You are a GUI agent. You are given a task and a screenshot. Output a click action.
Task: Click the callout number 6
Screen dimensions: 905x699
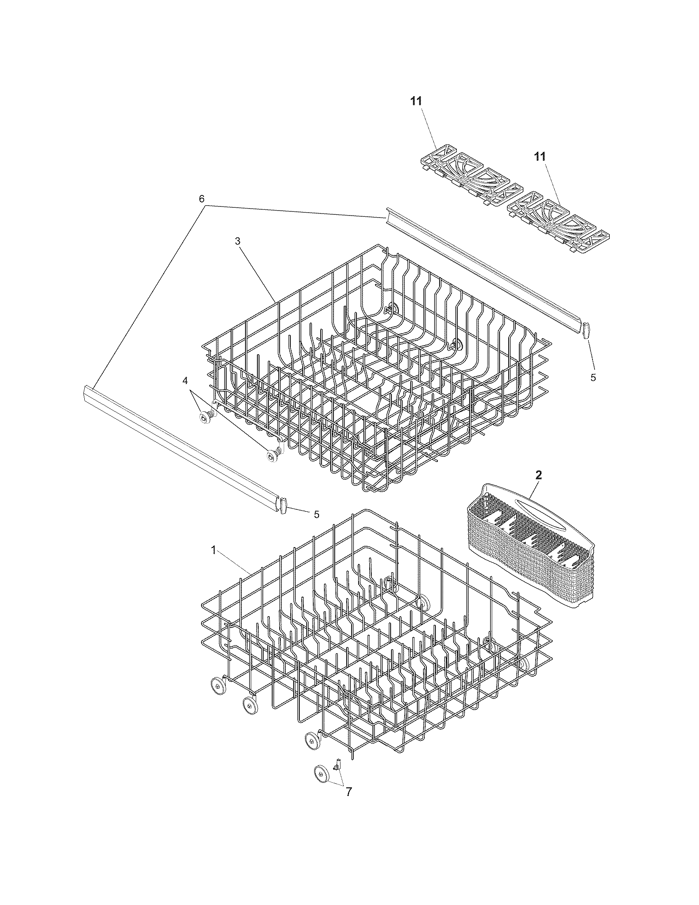(x=201, y=199)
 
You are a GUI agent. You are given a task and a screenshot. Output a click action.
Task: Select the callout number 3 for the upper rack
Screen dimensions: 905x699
(x=238, y=241)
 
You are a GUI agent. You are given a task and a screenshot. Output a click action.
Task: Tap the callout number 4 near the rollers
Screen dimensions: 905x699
(x=185, y=380)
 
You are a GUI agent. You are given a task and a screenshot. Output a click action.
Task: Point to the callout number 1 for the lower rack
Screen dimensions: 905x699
(x=213, y=550)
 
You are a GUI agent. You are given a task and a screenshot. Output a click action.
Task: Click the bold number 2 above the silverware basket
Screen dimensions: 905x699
(x=538, y=475)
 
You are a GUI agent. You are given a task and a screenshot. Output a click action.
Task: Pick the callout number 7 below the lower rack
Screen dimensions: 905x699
(x=349, y=792)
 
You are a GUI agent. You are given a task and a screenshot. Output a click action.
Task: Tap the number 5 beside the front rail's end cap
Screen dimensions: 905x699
(x=316, y=514)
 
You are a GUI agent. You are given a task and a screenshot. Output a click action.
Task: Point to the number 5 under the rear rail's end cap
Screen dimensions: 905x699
(x=593, y=378)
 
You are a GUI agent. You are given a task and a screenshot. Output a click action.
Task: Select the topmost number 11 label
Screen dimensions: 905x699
(x=416, y=101)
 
